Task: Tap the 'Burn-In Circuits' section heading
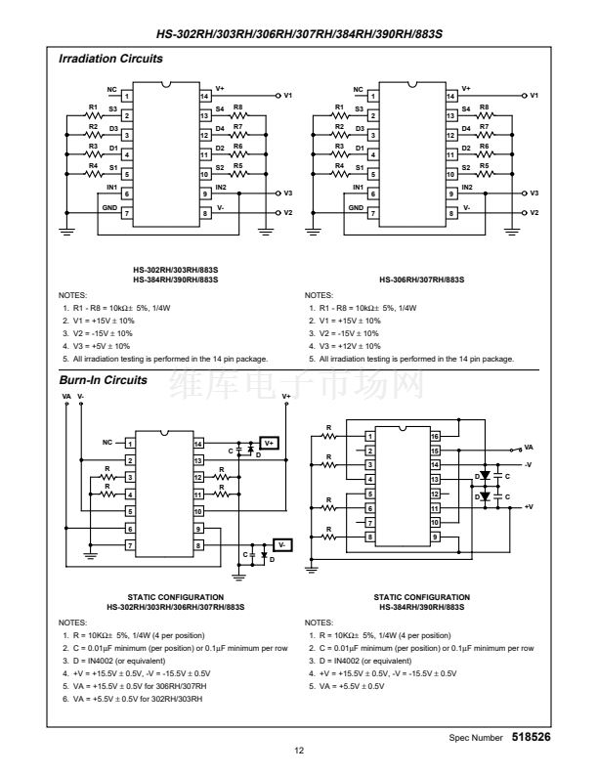[102, 379]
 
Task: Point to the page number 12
[299, 751]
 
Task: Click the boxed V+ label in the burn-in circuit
[270, 442]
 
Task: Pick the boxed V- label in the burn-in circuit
[281, 543]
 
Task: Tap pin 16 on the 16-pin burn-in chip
[435, 435]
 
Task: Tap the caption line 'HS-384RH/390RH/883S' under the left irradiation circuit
[177, 280]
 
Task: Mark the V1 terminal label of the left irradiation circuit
[288, 97]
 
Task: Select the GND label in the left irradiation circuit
[109, 207]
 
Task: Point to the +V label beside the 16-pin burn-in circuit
[529, 506]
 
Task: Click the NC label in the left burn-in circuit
[106, 442]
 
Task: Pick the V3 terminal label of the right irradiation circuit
[534, 194]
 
